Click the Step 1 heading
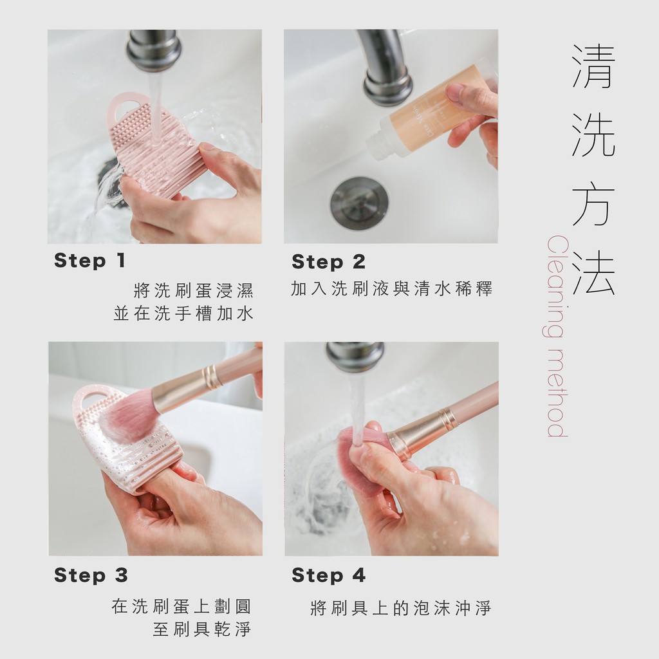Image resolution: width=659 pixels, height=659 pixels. [89, 261]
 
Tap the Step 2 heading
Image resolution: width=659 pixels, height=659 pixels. [328, 262]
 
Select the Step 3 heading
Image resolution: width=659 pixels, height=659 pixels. [91, 575]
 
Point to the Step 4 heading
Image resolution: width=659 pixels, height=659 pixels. [328, 575]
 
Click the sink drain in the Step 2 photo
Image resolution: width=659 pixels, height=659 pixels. [359, 203]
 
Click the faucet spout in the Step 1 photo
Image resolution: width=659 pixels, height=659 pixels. [154, 49]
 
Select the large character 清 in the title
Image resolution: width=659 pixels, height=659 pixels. [593, 66]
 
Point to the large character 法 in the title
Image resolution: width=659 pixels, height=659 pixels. [593, 272]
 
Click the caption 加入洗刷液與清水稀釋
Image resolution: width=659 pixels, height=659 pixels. [391, 289]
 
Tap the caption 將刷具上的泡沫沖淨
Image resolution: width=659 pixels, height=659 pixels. [400, 608]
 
